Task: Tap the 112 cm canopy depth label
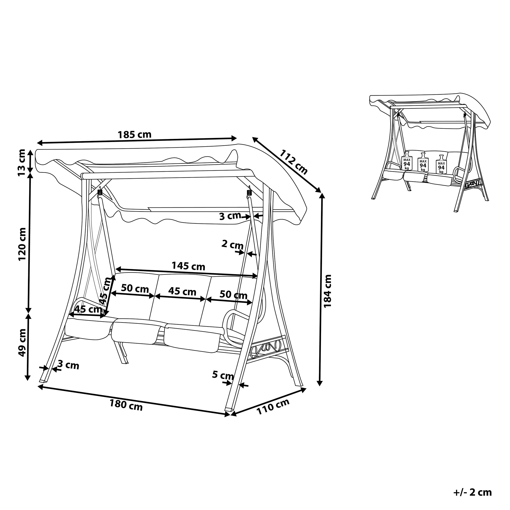293,162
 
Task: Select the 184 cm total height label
327,291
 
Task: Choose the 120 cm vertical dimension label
22,244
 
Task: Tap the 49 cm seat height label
22,342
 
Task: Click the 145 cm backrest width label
188,266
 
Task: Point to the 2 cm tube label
232,244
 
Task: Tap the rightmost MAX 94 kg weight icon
441,164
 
